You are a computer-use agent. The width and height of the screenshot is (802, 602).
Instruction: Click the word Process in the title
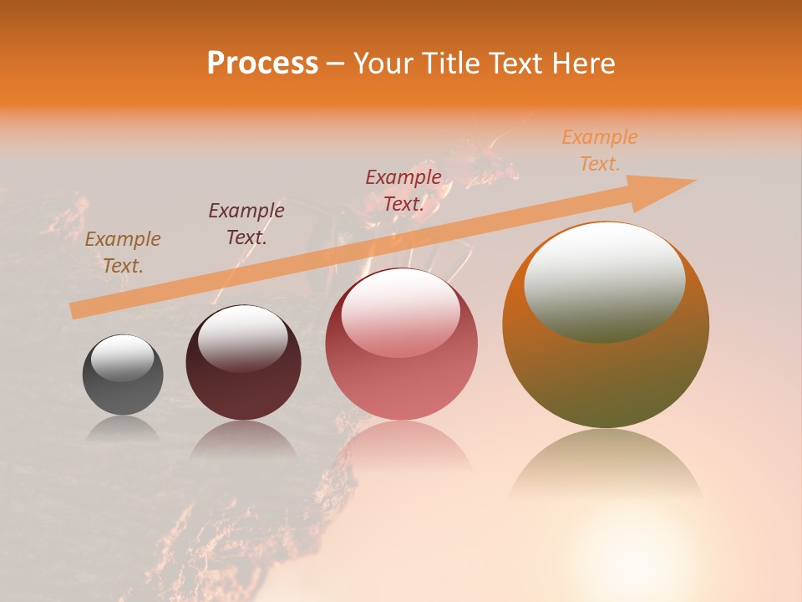(262, 64)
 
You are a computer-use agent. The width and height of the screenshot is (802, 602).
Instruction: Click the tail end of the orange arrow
(74, 311)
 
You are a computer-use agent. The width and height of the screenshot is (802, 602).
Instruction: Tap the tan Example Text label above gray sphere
(123, 253)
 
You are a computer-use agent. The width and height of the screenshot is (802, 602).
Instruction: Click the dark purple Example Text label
(246, 224)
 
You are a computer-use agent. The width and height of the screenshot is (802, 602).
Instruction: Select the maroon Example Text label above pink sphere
(404, 191)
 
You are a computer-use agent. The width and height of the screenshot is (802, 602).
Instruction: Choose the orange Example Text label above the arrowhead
(600, 150)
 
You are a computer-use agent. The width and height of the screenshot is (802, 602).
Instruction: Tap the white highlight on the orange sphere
(604, 282)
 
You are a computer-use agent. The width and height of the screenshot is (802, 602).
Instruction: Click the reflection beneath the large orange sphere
(606, 464)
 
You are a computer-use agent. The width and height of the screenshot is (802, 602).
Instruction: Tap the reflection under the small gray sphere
(123, 428)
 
